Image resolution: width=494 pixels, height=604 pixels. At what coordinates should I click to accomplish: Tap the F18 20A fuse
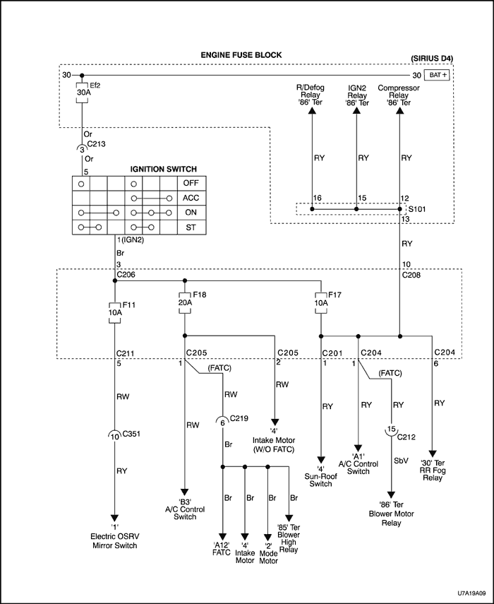coord(184,300)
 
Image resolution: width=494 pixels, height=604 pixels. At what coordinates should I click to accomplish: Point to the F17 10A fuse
coord(321,300)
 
